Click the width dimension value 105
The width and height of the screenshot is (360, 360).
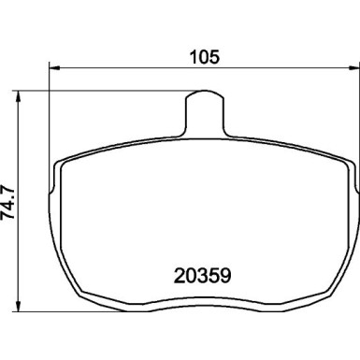[x=205, y=57]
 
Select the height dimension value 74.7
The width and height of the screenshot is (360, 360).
[x=7, y=203]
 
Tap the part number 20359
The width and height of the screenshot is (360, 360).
[x=203, y=276]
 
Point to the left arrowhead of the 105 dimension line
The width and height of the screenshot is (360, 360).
[x=54, y=67]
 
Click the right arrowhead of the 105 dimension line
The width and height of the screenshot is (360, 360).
[x=354, y=67]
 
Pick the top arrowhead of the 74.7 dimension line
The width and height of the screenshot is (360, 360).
[x=18, y=96]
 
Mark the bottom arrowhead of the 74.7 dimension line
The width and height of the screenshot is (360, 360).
[x=18, y=306]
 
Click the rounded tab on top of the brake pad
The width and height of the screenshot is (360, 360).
[x=205, y=113]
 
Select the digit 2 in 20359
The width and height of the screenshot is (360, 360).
[x=180, y=276]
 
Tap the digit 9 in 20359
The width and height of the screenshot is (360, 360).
[x=225, y=276]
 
